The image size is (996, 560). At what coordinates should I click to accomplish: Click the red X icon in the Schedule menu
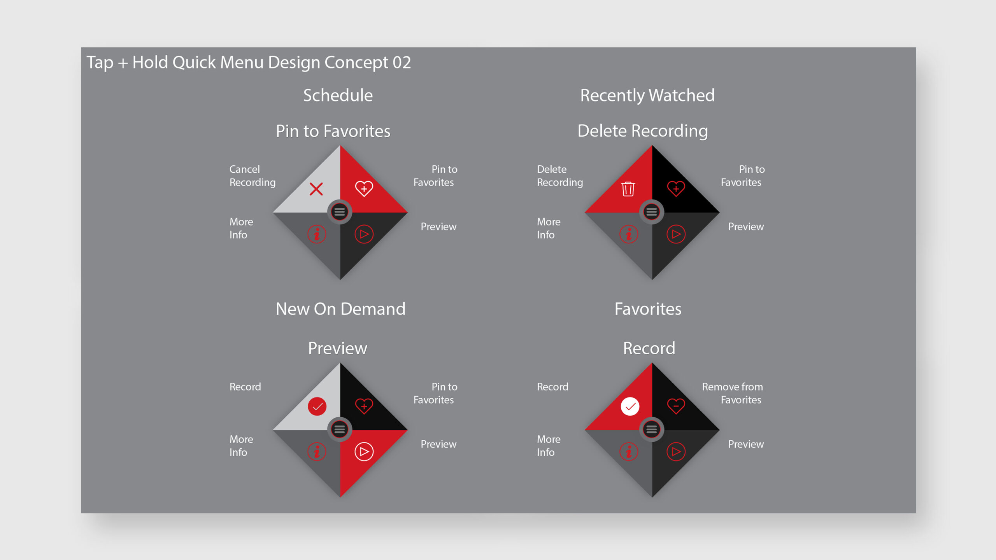(x=316, y=189)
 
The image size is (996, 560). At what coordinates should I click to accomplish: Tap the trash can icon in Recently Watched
(x=628, y=189)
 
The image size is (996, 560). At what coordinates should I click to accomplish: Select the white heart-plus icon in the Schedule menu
(x=364, y=189)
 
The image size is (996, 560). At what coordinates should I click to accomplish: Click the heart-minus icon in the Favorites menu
(x=676, y=406)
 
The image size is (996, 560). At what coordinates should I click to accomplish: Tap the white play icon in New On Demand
(x=364, y=451)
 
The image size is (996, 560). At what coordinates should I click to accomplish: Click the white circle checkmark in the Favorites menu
(x=630, y=406)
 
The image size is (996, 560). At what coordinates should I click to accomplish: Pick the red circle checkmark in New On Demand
(x=317, y=406)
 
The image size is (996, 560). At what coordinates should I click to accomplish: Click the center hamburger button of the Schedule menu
(x=340, y=212)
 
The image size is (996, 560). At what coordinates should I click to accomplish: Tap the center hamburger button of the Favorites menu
(x=652, y=429)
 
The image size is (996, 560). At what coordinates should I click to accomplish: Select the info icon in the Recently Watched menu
(x=629, y=234)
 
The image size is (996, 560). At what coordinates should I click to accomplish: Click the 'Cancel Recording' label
(x=253, y=176)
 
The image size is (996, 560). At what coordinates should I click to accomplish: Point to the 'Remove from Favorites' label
(x=732, y=393)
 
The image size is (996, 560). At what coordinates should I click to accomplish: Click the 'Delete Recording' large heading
(x=643, y=131)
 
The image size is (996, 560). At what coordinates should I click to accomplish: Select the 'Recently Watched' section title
(x=647, y=96)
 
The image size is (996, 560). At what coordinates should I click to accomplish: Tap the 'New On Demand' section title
(x=340, y=309)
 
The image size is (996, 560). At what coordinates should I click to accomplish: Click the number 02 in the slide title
(x=402, y=63)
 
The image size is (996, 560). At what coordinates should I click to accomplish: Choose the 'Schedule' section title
(x=338, y=95)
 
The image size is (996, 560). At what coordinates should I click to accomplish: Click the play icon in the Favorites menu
(x=676, y=451)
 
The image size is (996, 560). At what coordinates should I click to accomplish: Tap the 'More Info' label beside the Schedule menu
(x=241, y=228)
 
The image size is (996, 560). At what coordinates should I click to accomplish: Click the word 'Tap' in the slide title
(x=100, y=63)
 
